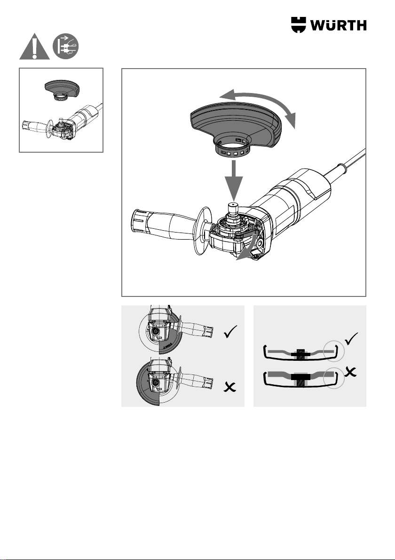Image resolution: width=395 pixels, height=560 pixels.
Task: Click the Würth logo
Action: click(329, 25)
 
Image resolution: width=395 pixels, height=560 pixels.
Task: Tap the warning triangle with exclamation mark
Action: click(34, 47)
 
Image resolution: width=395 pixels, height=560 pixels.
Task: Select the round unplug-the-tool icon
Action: click(66, 47)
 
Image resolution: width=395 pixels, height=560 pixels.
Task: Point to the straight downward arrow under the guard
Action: click(234, 180)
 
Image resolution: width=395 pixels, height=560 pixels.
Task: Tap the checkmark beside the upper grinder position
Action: click(231, 332)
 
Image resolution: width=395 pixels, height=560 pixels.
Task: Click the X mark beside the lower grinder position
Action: click(230, 387)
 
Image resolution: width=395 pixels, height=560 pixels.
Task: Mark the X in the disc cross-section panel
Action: click(351, 372)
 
